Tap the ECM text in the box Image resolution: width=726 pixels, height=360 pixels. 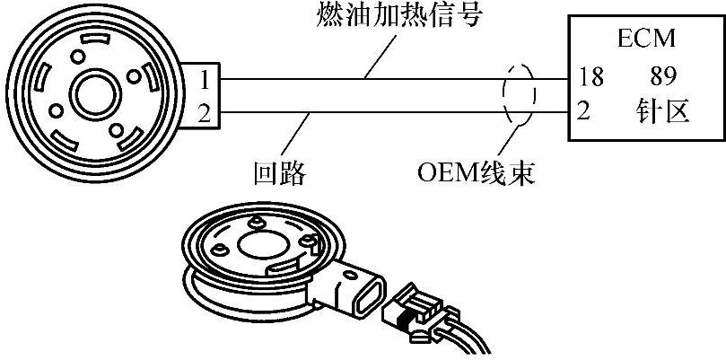click(644, 40)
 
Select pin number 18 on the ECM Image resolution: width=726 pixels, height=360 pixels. click(592, 77)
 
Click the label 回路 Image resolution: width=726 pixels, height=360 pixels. click(281, 171)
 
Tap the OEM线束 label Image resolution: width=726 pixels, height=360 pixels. click(477, 171)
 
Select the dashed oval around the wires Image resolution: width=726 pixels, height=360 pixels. click(515, 95)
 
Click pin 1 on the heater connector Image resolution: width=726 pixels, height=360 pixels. click(205, 80)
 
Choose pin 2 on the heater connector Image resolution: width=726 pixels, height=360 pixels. click(205, 112)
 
